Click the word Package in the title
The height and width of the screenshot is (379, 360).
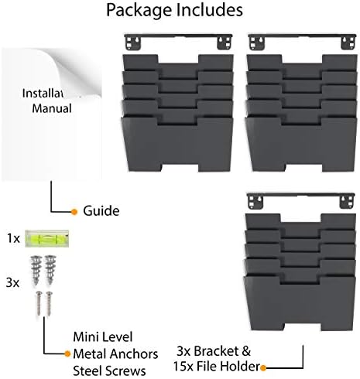coord(139,11)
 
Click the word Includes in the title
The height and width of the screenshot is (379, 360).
coord(209,10)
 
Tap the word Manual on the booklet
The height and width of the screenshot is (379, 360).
coord(52,108)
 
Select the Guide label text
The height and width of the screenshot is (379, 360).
coord(101,211)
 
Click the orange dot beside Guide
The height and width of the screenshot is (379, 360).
coord(74,212)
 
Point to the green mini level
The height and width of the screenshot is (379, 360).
coord(46,238)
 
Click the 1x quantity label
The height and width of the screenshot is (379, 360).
coord(13,238)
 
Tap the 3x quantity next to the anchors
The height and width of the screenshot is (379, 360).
coord(12,283)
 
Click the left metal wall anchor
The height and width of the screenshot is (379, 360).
coord(36,270)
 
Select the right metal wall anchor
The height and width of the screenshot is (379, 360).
coord(50,270)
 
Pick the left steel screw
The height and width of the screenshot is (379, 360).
coord(39,303)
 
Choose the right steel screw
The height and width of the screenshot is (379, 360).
coord(49,303)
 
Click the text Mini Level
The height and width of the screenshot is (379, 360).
coord(103,337)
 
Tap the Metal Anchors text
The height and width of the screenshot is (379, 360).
coord(115,354)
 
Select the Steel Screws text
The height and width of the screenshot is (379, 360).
coord(109,371)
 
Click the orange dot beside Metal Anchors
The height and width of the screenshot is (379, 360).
coord(67,353)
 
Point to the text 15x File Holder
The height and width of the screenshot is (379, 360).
coord(216,367)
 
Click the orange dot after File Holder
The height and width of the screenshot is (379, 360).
coord(263,368)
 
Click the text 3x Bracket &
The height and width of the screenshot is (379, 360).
coord(214,351)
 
